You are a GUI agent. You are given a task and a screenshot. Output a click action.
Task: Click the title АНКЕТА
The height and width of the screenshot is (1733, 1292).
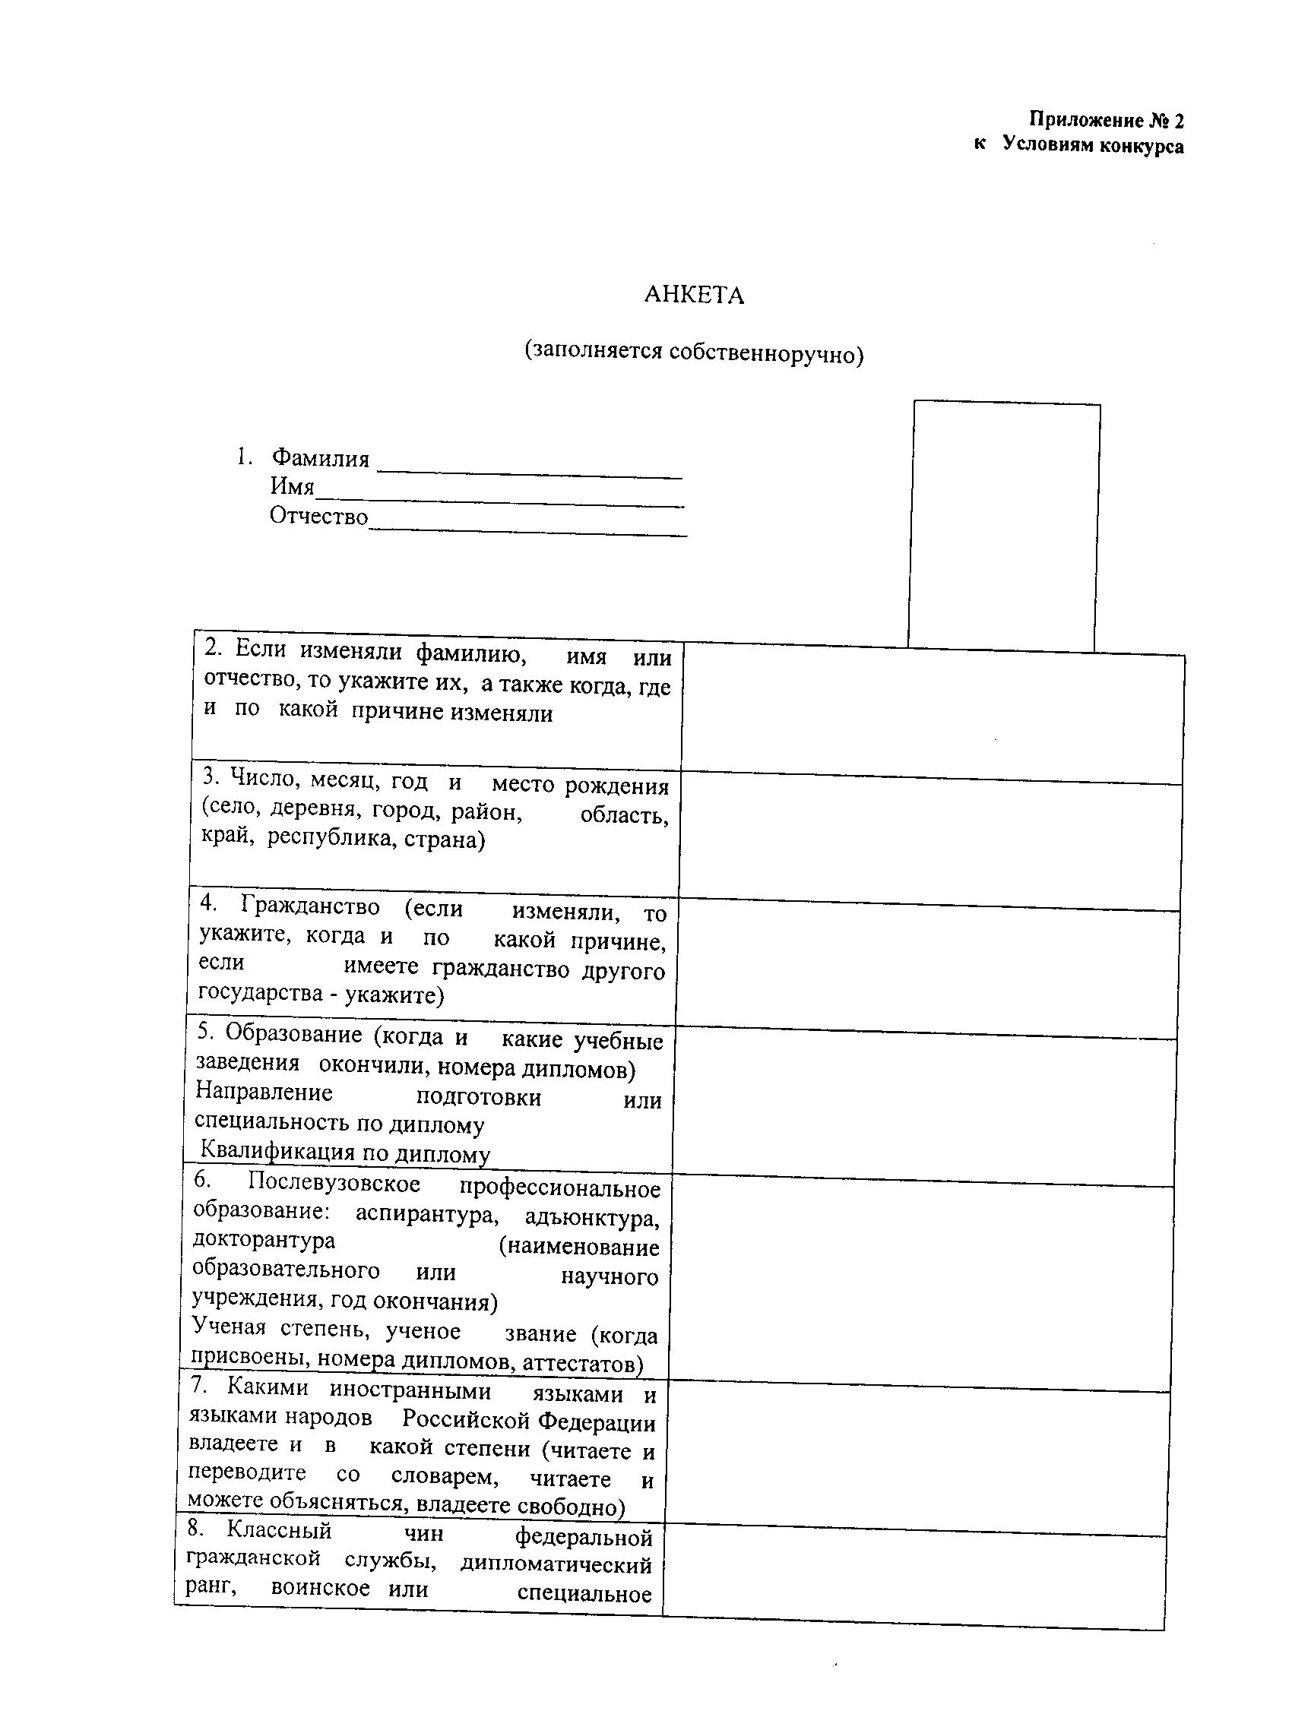coord(694,296)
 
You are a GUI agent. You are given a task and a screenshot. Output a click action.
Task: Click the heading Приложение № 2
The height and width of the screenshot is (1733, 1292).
coord(1106,120)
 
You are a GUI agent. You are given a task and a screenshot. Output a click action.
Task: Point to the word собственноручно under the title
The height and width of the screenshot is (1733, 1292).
coord(763,353)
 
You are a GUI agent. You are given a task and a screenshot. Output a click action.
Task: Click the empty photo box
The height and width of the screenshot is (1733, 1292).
coord(1004,525)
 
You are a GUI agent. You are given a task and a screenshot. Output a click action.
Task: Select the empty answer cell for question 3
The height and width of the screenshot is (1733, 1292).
coord(930,840)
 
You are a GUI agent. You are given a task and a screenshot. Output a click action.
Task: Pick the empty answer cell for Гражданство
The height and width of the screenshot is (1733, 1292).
coord(927,967)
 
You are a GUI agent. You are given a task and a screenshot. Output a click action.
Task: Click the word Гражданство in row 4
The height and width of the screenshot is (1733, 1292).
coord(311,906)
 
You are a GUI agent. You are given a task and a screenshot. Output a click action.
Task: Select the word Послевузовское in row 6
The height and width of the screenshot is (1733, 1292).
coord(334,1184)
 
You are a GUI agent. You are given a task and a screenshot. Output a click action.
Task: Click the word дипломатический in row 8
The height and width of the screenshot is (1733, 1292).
coord(556,1564)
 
